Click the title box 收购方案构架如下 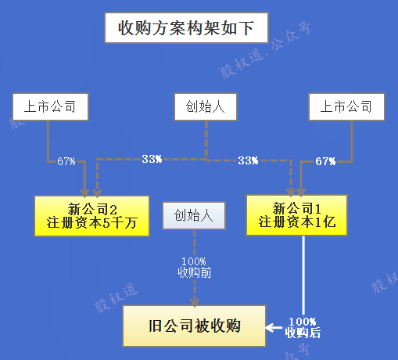(186, 27)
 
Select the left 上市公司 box (51, 106)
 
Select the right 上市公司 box (346, 106)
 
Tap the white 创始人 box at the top (206, 106)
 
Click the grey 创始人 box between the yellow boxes (194, 215)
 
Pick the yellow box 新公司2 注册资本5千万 (91, 216)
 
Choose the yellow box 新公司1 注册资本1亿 (296, 215)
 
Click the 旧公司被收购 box (195, 326)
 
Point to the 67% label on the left (66, 161)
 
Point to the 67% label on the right (325, 161)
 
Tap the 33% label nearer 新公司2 (152, 159)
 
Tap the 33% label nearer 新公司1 (248, 160)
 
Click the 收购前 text (195, 272)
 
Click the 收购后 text (303, 333)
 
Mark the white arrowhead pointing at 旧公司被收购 (270, 328)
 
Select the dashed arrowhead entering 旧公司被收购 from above (195, 302)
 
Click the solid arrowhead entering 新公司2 (84, 193)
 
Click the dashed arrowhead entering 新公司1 (291, 192)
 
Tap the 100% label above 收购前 (194, 261)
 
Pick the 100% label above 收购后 (303, 322)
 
